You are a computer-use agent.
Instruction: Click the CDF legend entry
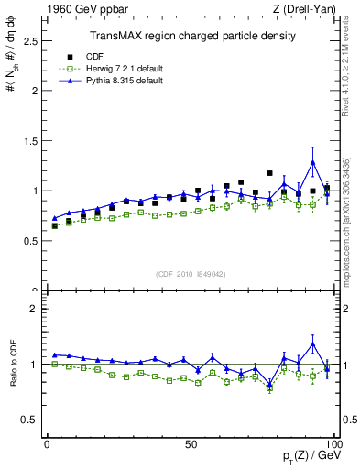click(96, 55)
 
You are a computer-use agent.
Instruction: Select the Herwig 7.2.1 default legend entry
click(110, 68)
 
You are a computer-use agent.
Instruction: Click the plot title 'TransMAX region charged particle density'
click(191, 37)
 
